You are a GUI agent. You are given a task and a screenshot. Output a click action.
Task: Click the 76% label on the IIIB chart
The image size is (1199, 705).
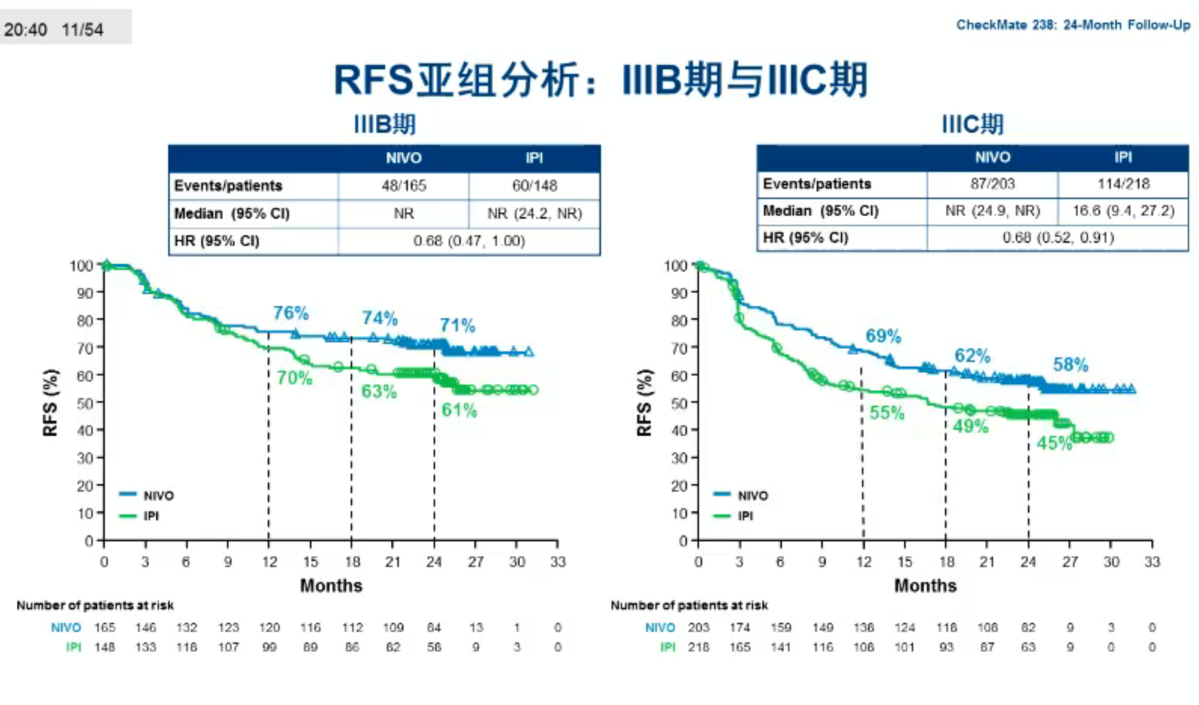[x=290, y=313]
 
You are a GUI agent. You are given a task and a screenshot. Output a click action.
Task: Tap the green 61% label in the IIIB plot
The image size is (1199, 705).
[x=459, y=410]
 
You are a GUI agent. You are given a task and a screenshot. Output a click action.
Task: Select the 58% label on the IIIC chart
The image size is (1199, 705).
[x=1071, y=365]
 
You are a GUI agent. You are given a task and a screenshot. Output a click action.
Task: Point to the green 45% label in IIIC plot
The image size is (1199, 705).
[x=1053, y=443]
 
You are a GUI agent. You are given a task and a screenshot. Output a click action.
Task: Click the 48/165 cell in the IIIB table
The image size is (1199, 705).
[x=403, y=185]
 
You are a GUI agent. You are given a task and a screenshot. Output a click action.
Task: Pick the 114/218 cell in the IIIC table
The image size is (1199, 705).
[x=1123, y=183]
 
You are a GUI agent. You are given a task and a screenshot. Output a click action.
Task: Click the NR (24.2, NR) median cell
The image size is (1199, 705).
[x=534, y=213]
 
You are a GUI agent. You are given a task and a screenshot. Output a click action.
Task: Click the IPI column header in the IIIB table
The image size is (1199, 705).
[x=534, y=158]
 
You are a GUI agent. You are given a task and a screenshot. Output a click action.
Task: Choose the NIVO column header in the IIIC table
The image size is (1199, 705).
[x=992, y=157]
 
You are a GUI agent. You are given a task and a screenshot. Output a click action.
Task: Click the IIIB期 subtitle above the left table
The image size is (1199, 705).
[x=385, y=124]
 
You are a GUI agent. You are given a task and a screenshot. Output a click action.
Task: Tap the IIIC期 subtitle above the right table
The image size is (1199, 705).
[x=972, y=124]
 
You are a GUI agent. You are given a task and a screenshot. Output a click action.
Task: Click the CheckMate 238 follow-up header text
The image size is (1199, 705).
[x=1072, y=25]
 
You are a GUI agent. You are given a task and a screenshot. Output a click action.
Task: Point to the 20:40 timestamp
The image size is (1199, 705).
[x=26, y=30]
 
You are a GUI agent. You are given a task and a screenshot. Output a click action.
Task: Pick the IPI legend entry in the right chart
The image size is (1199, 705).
[x=745, y=516]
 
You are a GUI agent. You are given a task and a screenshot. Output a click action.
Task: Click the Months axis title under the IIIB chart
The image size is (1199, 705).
[x=331, y=586]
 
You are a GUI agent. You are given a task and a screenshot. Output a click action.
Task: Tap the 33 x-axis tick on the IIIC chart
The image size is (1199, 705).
[x=1151, y=562]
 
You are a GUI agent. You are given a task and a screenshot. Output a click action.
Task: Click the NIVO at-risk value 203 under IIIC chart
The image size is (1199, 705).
[x=698, y=627]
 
